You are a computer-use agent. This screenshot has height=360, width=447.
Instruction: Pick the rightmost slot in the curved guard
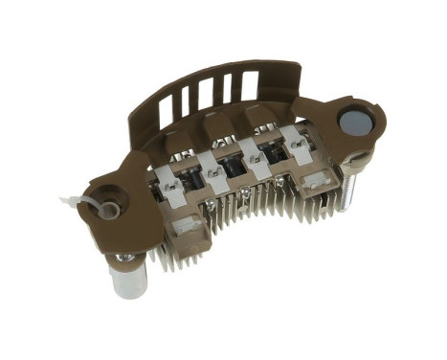[x=250, y=83]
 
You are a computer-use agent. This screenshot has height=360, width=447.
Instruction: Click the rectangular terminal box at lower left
[x=188, y=230]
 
